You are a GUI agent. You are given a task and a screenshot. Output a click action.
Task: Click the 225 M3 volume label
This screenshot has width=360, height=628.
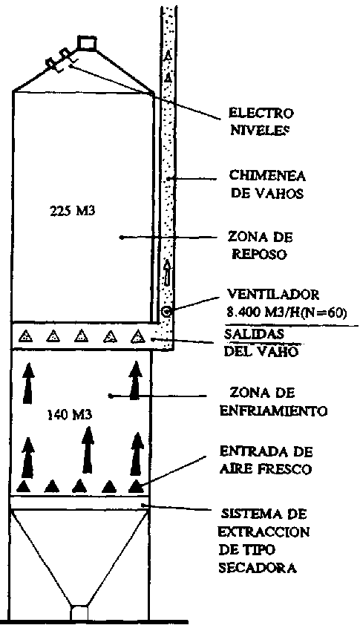click(73, 211)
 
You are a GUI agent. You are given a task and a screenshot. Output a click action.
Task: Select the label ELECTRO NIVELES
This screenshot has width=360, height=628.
click(261, 121)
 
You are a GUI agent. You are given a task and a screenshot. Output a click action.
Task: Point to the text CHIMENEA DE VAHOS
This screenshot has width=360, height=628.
click(267, 185)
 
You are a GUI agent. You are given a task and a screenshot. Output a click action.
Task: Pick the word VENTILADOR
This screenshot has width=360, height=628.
click(273, 295)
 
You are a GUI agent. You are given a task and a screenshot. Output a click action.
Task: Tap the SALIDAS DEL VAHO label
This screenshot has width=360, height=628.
click(261, 343)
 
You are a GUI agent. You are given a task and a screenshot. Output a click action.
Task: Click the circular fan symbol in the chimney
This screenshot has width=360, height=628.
click(167, 311)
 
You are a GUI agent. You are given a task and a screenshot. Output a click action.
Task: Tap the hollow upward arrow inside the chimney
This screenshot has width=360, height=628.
click(167, 271)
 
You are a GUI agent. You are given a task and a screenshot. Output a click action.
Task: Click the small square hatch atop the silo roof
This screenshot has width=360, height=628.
click(87, 43)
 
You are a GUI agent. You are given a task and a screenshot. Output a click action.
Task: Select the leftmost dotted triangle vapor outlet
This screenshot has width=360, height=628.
click(26, 336)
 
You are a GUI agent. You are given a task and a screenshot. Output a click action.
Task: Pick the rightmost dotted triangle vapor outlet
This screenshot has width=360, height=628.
click(138, 336)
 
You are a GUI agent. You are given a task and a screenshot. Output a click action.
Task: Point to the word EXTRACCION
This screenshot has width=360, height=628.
click(264, 532)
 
